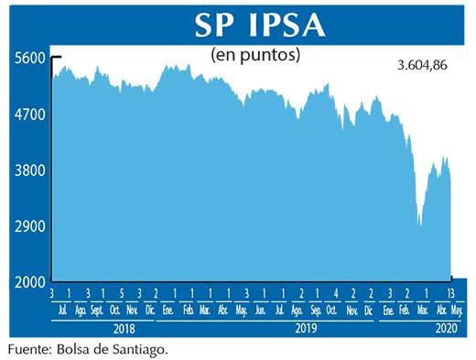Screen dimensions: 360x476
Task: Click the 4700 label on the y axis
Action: [x=29, y=115]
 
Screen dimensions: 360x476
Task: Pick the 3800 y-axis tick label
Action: [x=29, y=170]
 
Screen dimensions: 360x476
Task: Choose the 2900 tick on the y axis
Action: [x=29, y=226]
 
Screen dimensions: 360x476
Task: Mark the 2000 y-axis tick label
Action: [x=29, y=282]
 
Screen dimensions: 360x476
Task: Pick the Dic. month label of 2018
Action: [x=150, y=311]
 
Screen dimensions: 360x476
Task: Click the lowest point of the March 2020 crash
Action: [x=419, y=224]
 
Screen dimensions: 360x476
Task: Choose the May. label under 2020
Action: [x=456, y=311]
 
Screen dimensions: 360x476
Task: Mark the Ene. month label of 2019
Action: [x=168, y=311]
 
